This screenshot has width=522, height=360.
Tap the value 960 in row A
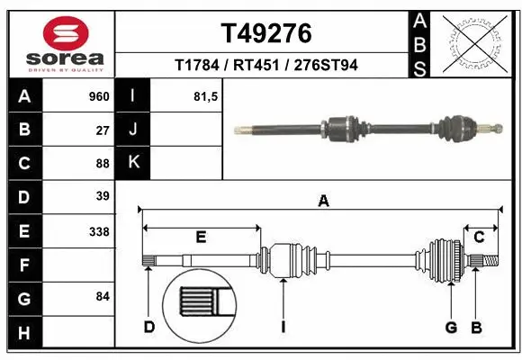coord(98,96)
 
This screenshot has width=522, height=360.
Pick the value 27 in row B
coord(102,130)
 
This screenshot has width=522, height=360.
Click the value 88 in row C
coord(102,163)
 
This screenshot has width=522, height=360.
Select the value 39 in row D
coord(102,196)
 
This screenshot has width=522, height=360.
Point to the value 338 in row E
coord(99,231)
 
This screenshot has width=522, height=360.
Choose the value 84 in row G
coord(102,296)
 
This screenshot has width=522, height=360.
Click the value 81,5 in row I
coord(206,96)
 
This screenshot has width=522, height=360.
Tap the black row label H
coord(23,332)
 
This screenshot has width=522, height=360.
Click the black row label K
coord(133,163)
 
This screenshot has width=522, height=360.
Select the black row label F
coord(23,265)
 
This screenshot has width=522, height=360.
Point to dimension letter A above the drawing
coord(323,202)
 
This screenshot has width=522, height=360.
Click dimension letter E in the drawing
coord(202,237)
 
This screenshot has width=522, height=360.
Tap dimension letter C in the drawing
coord(480,237)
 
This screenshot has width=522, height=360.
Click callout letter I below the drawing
coord(282,327)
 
